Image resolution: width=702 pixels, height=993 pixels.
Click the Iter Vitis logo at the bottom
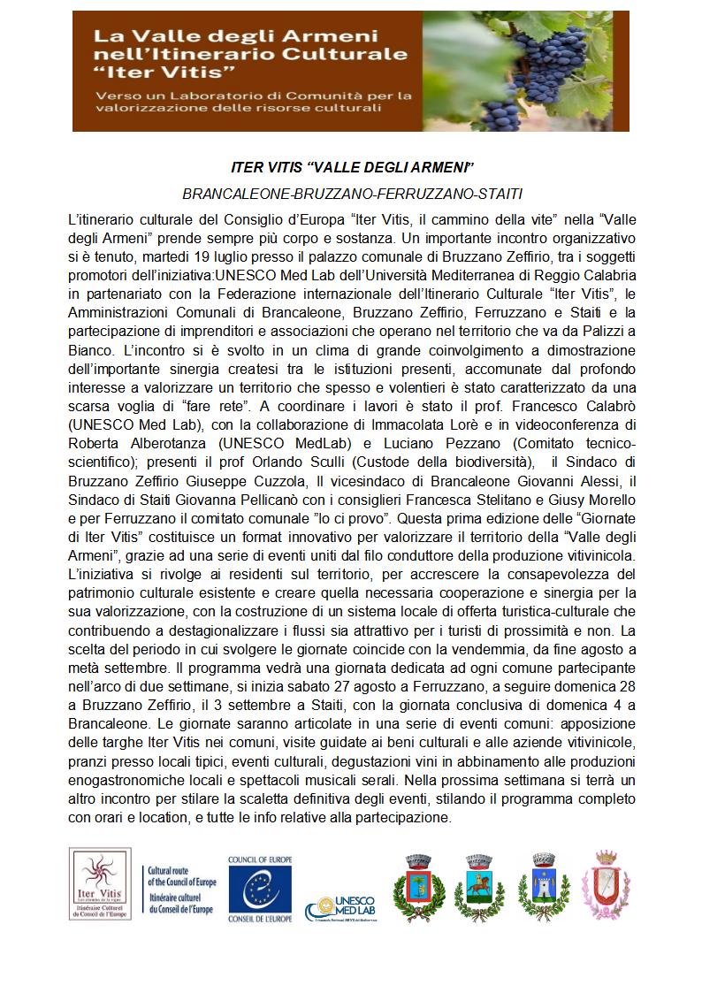99,883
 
